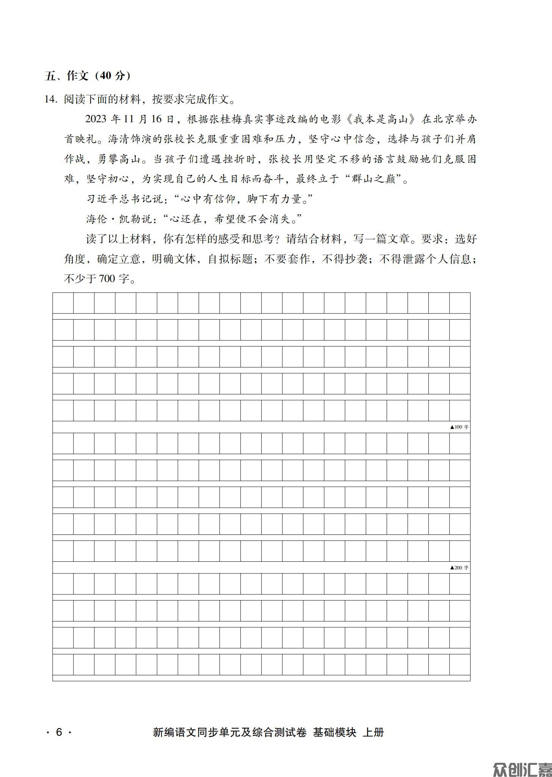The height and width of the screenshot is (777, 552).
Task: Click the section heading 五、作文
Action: [x=67, y=76]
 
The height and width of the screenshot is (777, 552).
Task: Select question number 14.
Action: [x=50, y=99]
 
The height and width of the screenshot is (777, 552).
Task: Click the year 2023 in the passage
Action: [x=96, y=119]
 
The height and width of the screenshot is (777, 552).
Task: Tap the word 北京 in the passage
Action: [x=444, y=119]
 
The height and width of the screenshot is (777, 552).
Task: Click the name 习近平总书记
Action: [x=120, y=199]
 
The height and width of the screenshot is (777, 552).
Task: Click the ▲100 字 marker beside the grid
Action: [x=459, y=427]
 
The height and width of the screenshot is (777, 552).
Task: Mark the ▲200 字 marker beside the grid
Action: [x=459, y=567]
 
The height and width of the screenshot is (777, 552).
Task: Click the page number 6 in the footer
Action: [x=59, y=732]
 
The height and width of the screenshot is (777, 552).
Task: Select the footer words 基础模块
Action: [x=334, y=732]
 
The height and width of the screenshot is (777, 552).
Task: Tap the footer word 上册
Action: [x=373, y=732]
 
